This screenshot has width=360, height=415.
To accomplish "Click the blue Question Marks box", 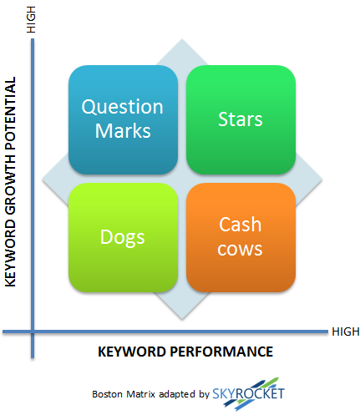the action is click(123, 119).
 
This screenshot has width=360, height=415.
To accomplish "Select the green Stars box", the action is click(241, 119).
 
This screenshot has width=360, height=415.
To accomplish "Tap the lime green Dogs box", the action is click(123, 237).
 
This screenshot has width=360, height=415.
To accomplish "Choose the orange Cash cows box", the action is click(241, 237).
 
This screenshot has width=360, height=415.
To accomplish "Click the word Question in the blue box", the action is click(122, 108).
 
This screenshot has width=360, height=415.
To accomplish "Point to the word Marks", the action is click(123, 130).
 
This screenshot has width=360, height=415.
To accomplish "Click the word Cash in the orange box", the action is click(240, 225).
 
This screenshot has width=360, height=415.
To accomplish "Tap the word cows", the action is click(240, 249).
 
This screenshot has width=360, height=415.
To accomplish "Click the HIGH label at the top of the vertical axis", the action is click(31, 19).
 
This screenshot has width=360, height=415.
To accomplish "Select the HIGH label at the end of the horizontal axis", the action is click(346, 331).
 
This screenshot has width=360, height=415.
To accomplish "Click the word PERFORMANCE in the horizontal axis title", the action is click(221, 352).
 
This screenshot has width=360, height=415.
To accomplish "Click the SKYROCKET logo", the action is click(248, 394).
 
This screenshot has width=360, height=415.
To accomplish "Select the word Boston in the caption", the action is click(107, 394).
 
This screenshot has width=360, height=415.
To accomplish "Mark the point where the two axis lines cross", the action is click(33, 331).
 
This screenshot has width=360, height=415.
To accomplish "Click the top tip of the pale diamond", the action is click(182, 39).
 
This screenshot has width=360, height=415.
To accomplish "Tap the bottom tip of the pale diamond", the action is click(182, 319).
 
